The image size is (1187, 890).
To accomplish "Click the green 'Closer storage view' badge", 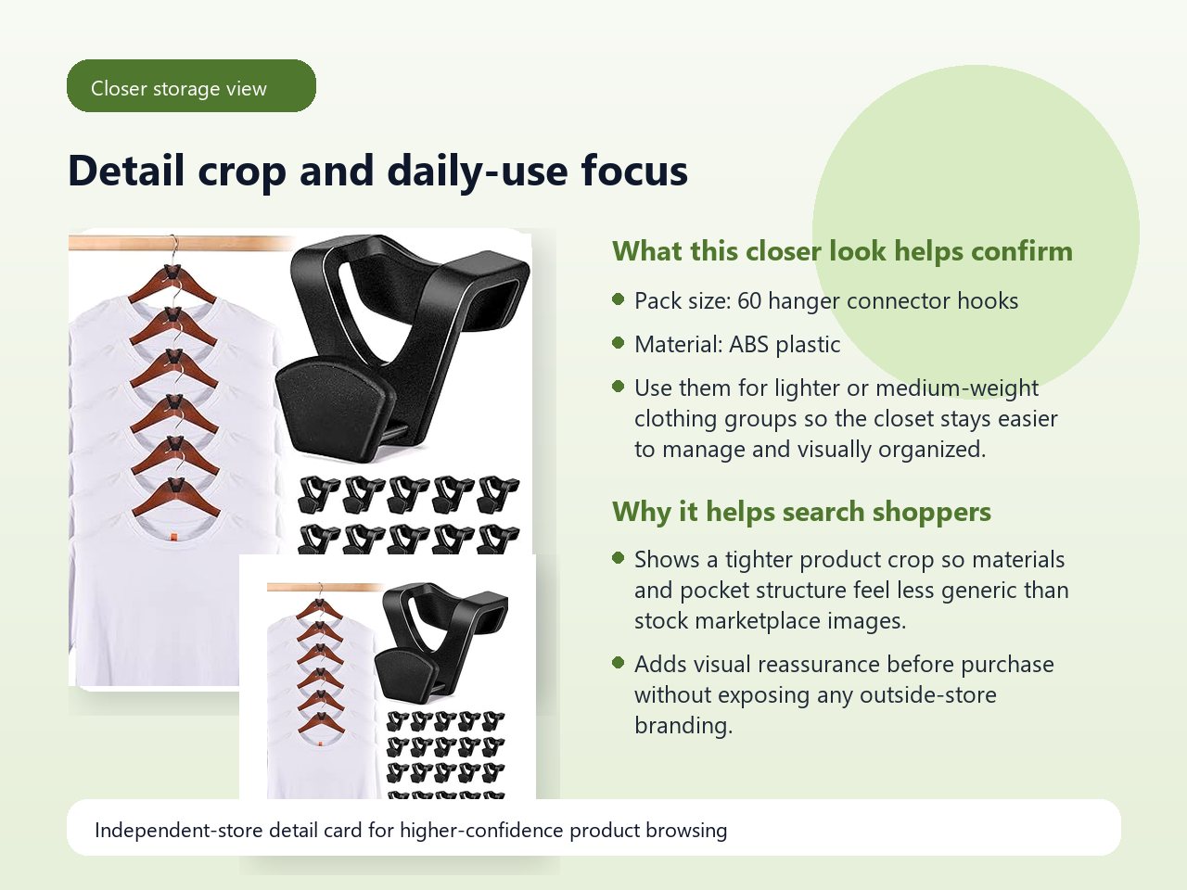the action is (191, 86).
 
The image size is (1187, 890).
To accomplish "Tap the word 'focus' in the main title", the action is (634, 171).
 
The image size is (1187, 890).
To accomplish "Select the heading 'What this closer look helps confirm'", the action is (842, 250).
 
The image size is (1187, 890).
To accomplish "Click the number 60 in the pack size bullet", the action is (749, 301).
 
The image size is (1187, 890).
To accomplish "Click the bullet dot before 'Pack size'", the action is (619, 299).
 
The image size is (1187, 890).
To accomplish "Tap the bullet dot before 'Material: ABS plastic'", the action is (619, 342).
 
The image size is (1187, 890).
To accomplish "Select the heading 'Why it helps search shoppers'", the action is (801, 511).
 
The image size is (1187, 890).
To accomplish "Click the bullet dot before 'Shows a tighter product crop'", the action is (619, 557).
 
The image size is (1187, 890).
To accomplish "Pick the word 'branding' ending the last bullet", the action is (683, 725).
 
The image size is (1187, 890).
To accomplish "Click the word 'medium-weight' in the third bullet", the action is (957, 388).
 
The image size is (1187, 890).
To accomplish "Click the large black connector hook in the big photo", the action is (402, 346).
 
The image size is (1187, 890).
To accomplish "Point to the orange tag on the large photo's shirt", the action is (173, 538).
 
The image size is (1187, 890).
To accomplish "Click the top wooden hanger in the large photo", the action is (172, 285).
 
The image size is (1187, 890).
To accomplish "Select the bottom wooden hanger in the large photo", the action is (176, 498).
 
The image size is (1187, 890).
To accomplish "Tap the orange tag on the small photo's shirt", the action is (320, 744).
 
